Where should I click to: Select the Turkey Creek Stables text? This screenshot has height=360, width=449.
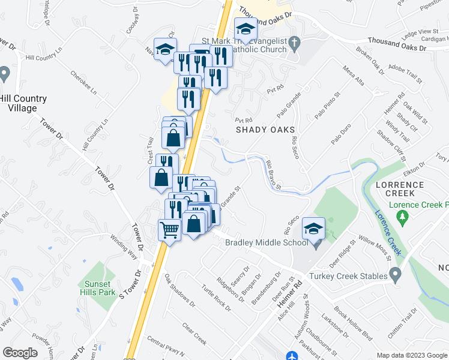tap(346, 276)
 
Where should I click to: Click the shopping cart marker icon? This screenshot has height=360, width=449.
tap(170, 229)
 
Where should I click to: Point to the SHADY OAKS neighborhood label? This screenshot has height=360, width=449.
tap(265, 130)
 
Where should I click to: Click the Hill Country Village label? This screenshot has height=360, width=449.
tap(23, 103)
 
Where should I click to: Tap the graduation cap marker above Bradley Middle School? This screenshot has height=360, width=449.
tap(313, 229)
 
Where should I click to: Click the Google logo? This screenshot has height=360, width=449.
tap(20, 353)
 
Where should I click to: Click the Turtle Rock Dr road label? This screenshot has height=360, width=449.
tap(217, 297)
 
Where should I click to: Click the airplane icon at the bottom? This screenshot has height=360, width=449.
tap(291, 356)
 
